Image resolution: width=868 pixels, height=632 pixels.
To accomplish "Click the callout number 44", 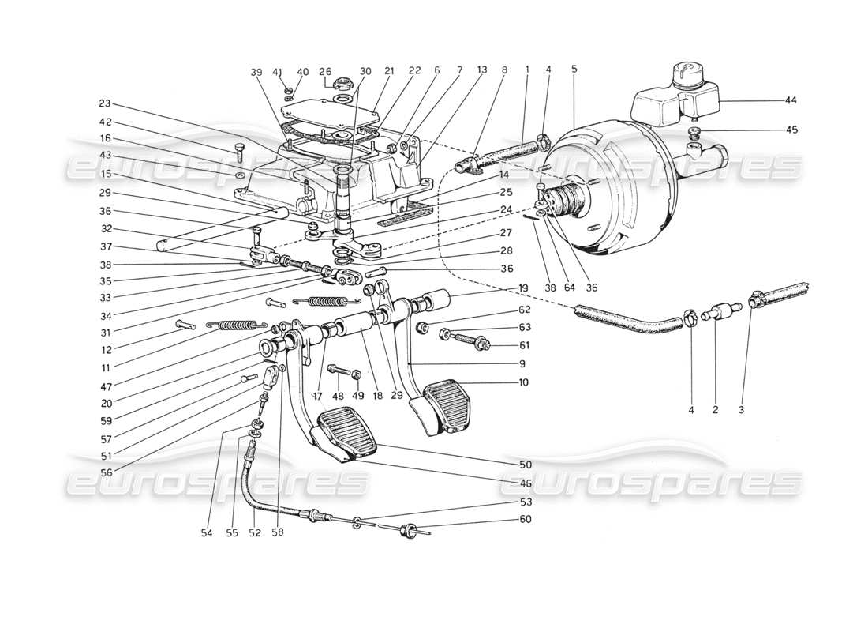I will [x=791, y=101].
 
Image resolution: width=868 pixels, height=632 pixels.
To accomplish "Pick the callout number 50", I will [x=526, y=464].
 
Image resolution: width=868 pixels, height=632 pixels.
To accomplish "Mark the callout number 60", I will [x=526, y=519].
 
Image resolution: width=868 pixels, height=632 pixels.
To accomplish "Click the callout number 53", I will [x=526, y=502].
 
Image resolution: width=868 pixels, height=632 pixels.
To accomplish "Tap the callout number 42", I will [x=105, y=122].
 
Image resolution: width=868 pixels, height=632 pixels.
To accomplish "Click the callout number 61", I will [x=526, y=345].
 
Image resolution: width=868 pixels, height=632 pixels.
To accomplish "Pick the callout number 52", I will [x=254, y=532].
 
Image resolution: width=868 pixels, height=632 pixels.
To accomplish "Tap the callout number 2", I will [x=715, y=410].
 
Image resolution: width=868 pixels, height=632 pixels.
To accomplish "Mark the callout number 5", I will [x=574, y=70].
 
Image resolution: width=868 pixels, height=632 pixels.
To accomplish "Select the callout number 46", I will [x=526, y=482].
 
